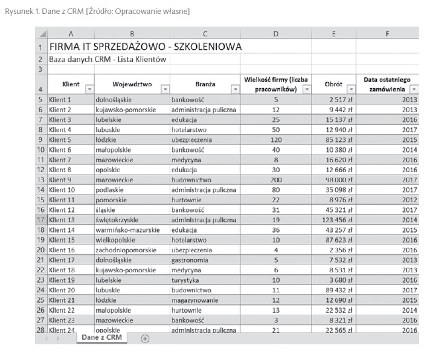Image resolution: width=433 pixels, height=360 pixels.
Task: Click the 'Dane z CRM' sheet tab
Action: click(101, 338)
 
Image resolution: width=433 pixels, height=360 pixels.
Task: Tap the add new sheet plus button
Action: click(145, 339)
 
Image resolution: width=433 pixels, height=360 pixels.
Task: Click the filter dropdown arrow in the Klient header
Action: click(89, 89)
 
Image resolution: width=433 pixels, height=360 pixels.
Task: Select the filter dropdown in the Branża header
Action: click(236, 89)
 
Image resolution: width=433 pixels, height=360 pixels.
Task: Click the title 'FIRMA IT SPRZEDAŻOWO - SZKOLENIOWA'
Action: click(145, 47)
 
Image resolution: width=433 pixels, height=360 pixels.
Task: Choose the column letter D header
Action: click(275, 34)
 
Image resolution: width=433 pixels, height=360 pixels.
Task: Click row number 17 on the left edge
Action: click(40, 219)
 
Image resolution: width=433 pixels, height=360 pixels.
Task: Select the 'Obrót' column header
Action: click(334, 85)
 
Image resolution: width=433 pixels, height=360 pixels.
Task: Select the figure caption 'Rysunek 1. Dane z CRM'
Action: click(48, 11)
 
